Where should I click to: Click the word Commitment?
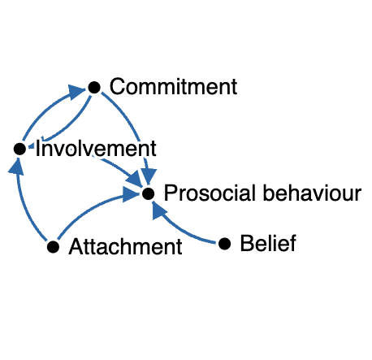[x=173, y=87]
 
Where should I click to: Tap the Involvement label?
[x=96, y=150]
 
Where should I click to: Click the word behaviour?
[x=312, y=194]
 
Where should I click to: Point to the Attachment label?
[x=126, y=246]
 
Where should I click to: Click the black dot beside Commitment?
[x=94, y=87]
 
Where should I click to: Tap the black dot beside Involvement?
[x=19, y=149]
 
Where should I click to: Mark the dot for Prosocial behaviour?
[x=148, y=194]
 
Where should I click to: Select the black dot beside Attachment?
[x=54, y=245]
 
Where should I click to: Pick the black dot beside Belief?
[x=225, y=243]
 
